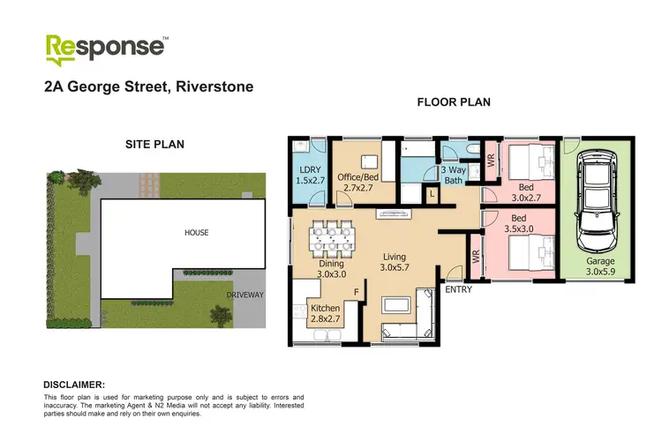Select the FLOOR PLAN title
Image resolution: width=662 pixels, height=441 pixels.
pyautogui.click(x=453, y=102)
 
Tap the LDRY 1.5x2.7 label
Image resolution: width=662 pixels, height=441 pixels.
pyautogui.click(x=309, y=175)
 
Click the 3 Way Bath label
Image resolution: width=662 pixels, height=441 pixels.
pyautogui.click(x=452, y=175)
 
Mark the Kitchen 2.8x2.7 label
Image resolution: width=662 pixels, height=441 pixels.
pyautogui.click(x=326, y=314)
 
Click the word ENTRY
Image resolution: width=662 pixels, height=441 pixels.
pyautogui.click(x=457, y=289)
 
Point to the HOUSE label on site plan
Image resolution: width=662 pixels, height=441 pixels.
pyautogui.click(x=196, y=232)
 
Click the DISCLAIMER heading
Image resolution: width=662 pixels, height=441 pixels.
pyautogui.click(x=74, y=385)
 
